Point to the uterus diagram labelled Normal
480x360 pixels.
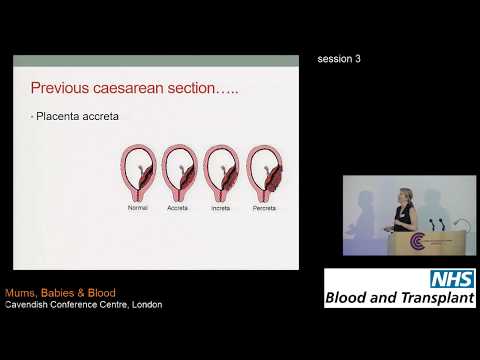point(138,173)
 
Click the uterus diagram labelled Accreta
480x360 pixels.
point(179,173)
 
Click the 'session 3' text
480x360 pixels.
point(338,59)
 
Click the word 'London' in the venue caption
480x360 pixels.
point(144,304)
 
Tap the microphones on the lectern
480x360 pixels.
point(437,223)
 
